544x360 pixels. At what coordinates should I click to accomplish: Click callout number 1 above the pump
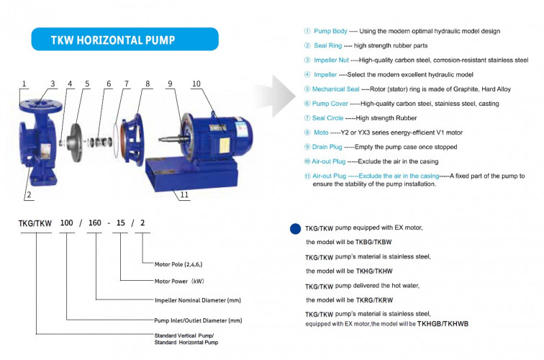tap(24, 84)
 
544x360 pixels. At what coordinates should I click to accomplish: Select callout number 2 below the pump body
tap(30, 194)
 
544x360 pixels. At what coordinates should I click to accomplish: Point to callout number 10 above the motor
tap(196, 84)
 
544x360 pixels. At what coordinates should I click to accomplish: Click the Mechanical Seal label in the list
tap(340, 89)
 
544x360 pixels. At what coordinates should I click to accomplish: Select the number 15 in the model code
tap(119, 222)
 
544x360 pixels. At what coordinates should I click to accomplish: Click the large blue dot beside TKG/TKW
tap(295, 229)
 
